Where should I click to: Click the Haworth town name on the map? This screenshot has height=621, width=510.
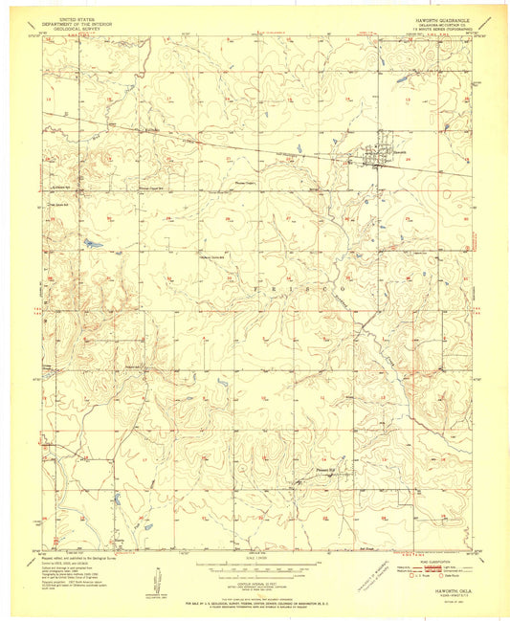coord(400,152)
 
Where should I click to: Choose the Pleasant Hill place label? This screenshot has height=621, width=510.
coord(327,470)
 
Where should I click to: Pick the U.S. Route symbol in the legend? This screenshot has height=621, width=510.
coord(412,577)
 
